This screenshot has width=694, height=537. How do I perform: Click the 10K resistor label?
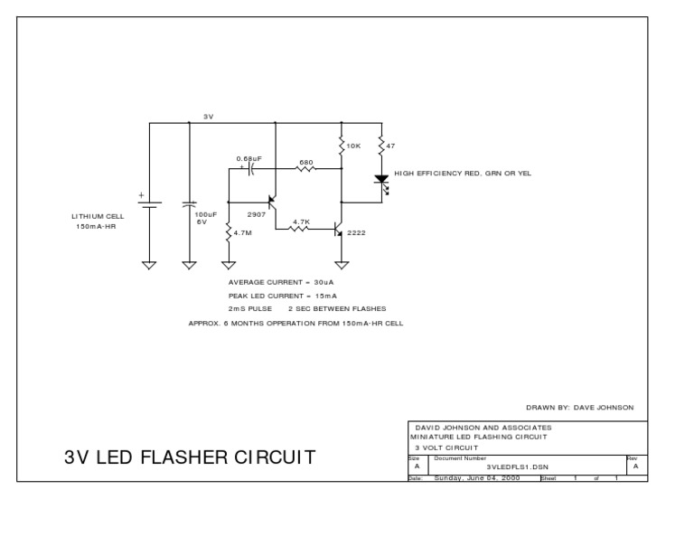click(355, 146)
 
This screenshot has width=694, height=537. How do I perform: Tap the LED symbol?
click(380, 180)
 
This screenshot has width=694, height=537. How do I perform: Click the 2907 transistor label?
click(257, 215)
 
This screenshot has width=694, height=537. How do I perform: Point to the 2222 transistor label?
click(357, 232)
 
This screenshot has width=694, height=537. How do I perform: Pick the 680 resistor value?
click(305, 163)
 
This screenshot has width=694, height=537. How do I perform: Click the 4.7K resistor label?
click(301, 221)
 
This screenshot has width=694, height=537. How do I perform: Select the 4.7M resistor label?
click(243, 232)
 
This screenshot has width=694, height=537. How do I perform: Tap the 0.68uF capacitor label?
click(249, 158)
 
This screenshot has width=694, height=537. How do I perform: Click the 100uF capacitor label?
click(206, 215)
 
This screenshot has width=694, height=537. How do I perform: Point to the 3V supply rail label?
click(207, 117)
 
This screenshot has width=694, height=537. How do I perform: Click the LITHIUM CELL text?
click(98, 216)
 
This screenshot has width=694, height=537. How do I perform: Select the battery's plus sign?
click(141, 194)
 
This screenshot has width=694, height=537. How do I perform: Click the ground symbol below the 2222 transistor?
click(342, 266)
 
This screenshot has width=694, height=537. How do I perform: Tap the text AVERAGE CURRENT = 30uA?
click(281, 283)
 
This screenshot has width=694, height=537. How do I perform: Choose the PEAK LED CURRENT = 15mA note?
click(283, 296)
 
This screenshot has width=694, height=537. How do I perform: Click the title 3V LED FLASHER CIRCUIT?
click(190, 457)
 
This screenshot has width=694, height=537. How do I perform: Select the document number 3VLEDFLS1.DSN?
click(517, 466)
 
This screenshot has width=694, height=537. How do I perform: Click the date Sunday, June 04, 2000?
click(478, 478)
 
